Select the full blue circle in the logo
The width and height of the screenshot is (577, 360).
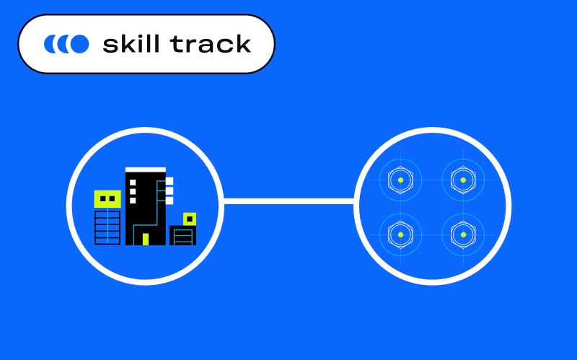[79, 44]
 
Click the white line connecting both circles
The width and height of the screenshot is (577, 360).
[288, 201]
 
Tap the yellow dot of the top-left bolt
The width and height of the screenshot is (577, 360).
[400, 180]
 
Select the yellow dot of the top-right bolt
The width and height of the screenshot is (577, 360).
[463, 180]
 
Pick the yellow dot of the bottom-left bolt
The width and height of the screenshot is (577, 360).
[400, 234]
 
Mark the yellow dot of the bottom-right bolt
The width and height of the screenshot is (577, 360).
[463, 234]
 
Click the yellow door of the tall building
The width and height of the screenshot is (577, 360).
[145, 239]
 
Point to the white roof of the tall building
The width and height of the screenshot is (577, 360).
[145, 170]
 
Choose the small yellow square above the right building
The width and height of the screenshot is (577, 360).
[190, 219]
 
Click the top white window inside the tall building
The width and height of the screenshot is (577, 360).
[133, 183]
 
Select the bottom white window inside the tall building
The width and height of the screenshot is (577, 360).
[133, 200]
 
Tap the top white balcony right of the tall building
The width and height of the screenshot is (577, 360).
[169, 181]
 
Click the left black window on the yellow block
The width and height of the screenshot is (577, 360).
[103, 198]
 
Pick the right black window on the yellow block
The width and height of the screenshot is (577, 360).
[112, 198]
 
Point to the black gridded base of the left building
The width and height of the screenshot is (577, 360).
[107, 227]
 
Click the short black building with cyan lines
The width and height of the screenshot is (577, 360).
[182, 236]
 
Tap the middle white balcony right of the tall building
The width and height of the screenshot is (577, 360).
[169, 190]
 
